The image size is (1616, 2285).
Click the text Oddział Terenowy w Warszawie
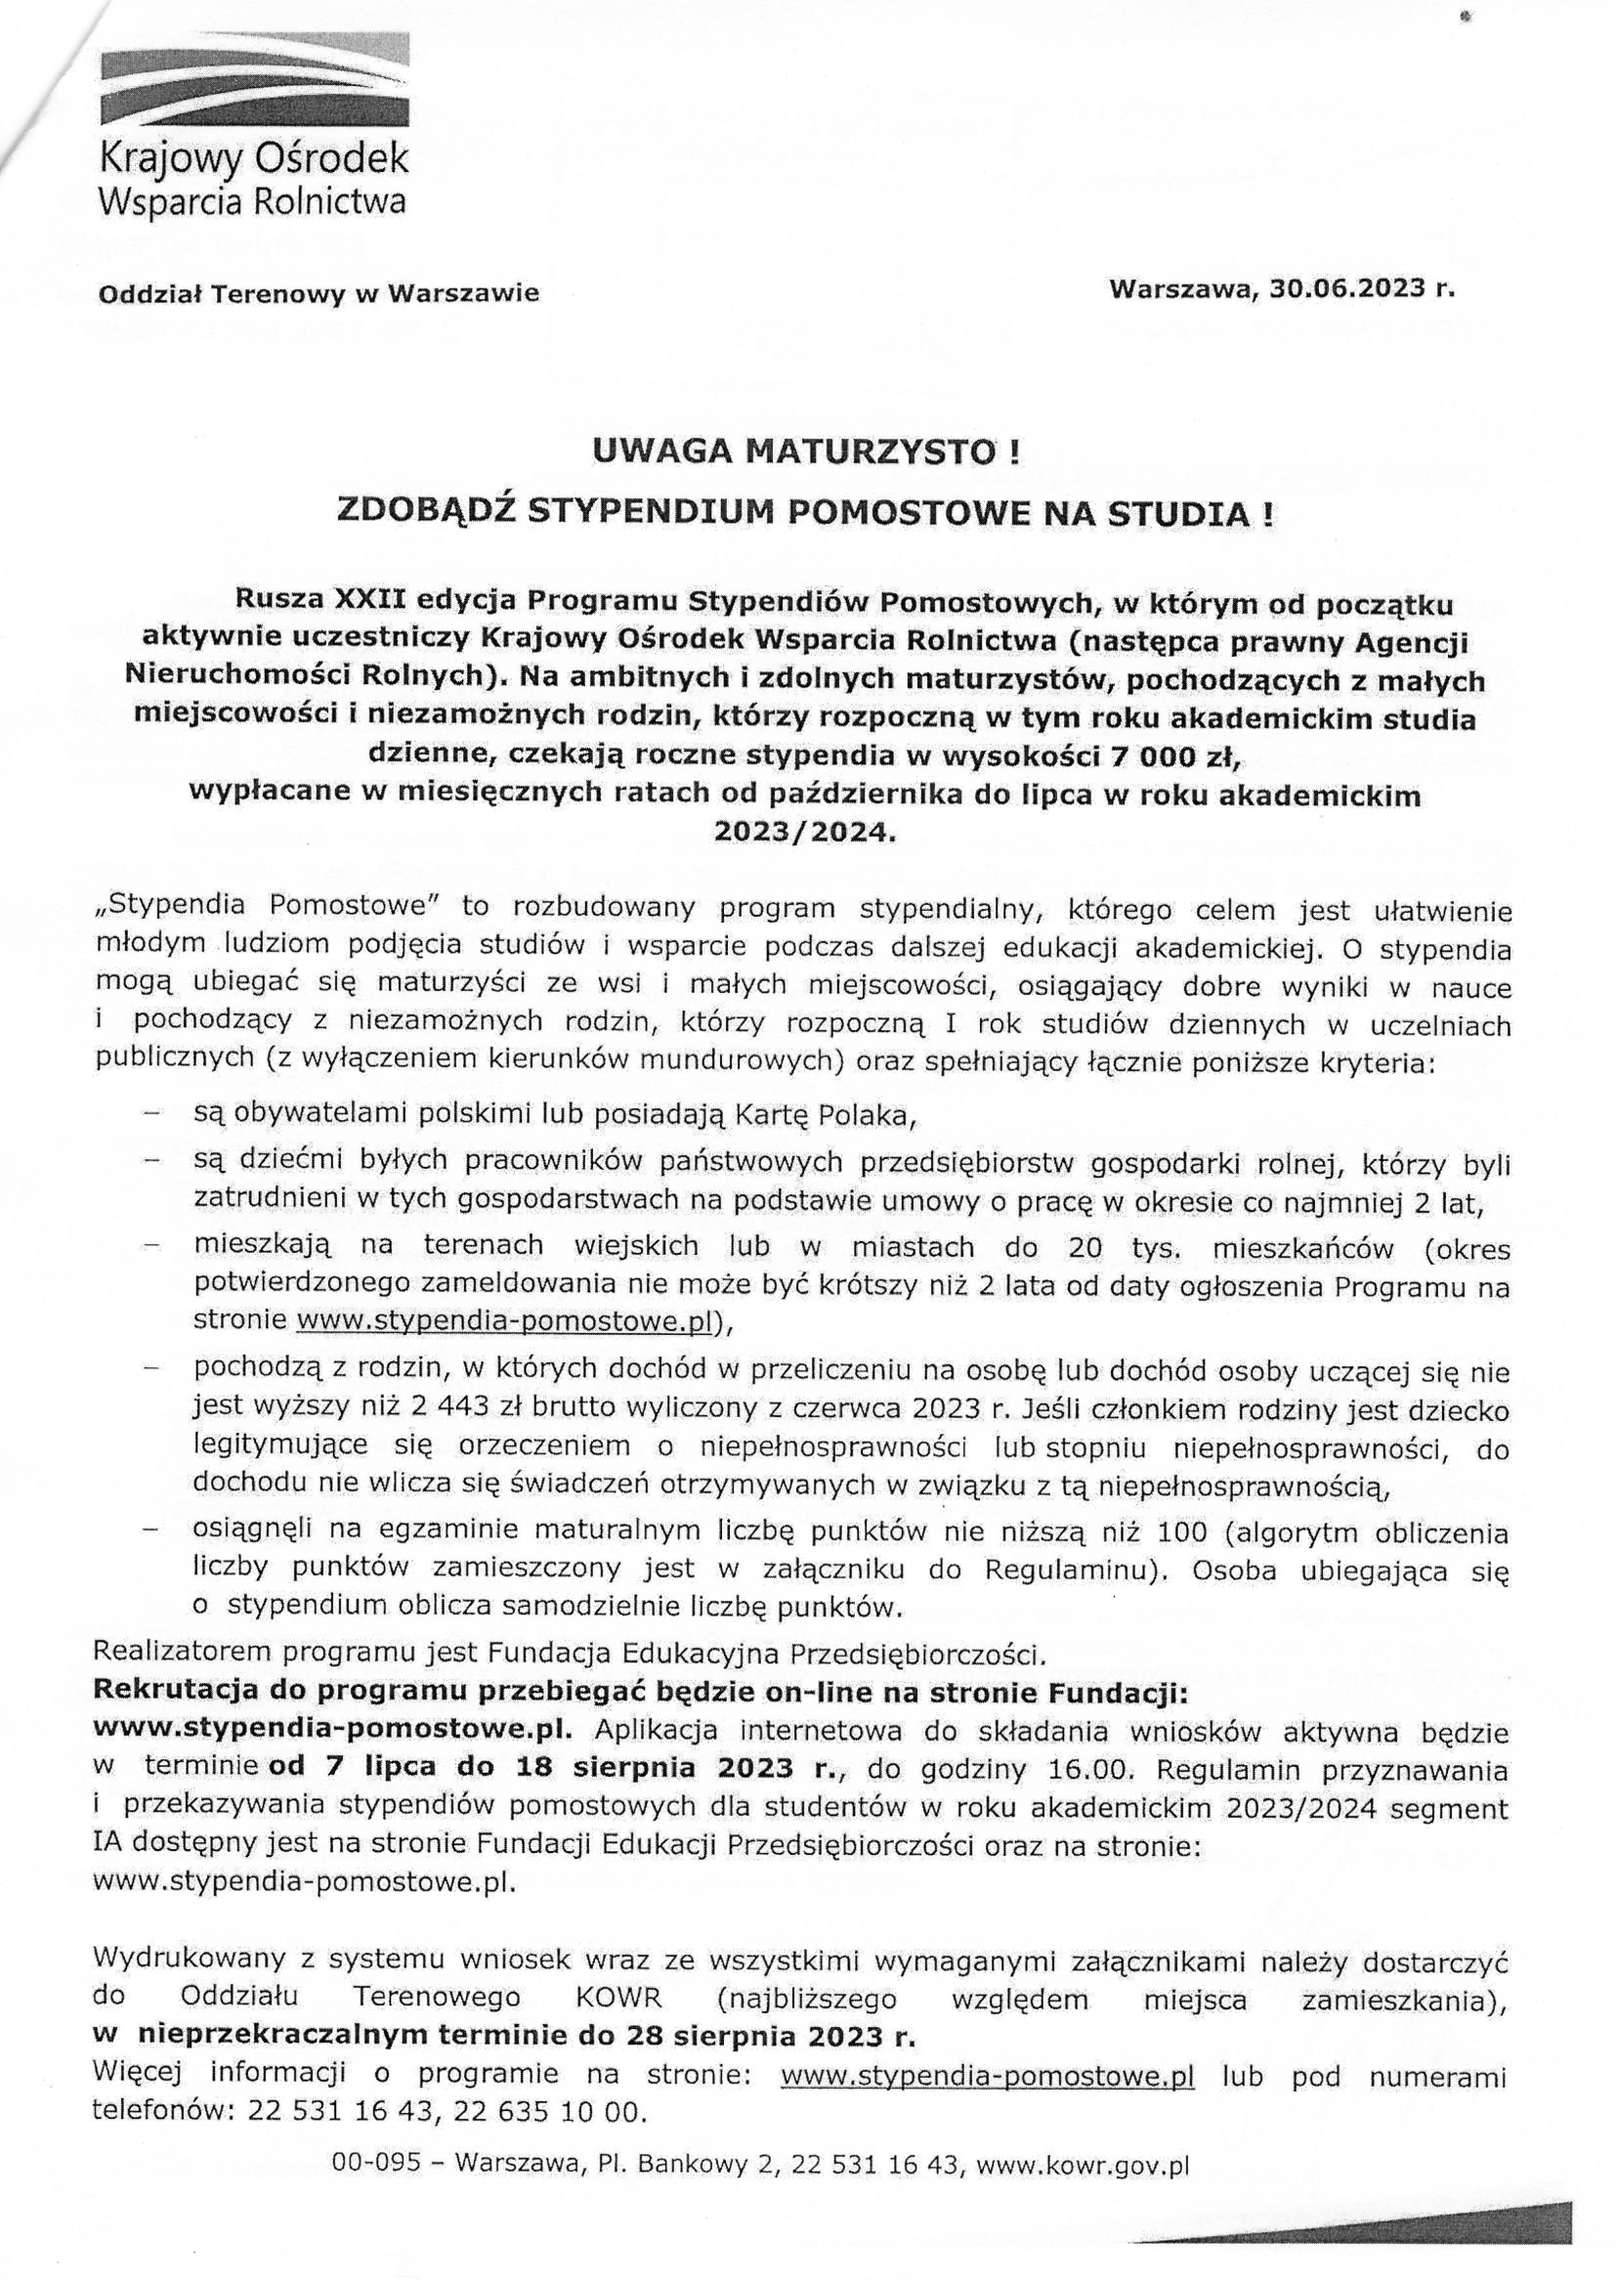[x=318, y=293]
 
